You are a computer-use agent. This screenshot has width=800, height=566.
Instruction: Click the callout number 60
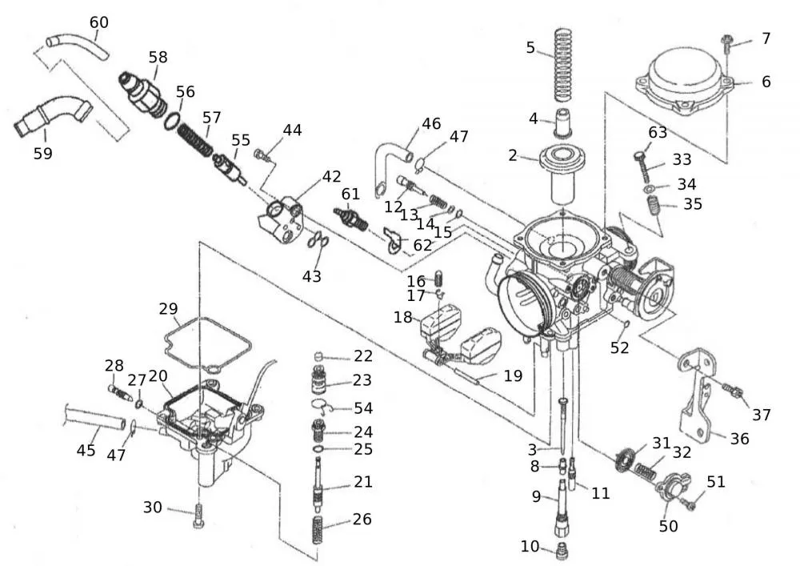tap(98, 22)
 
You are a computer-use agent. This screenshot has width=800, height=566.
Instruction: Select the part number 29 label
tap(168, 309)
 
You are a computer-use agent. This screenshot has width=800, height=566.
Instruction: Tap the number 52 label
tap(620, 347)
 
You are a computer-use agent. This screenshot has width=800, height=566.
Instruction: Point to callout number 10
tap(530, 546)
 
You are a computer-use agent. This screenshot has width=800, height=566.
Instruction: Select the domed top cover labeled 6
tap(685, 81)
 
